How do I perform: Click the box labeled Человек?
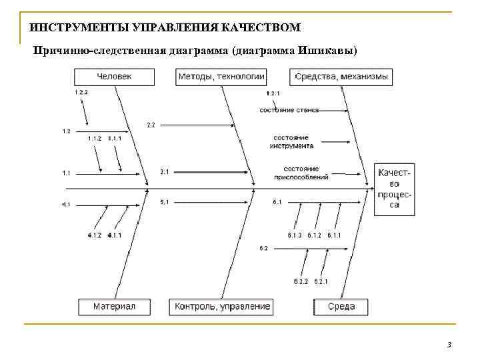(115, 77)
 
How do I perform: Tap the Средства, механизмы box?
(341, 77)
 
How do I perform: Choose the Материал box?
(114, 307)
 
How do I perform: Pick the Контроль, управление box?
(222, 307)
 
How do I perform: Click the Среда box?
(341, 307)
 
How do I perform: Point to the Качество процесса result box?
(395, 188)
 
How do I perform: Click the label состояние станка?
(289, 109)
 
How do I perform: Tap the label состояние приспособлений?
(301, 173)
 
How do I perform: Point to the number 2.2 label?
(151, 125)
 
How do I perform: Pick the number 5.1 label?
(165, 201)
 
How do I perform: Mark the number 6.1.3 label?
(295, 235)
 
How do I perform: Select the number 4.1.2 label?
(95, 235)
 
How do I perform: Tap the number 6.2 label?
(263, 248)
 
